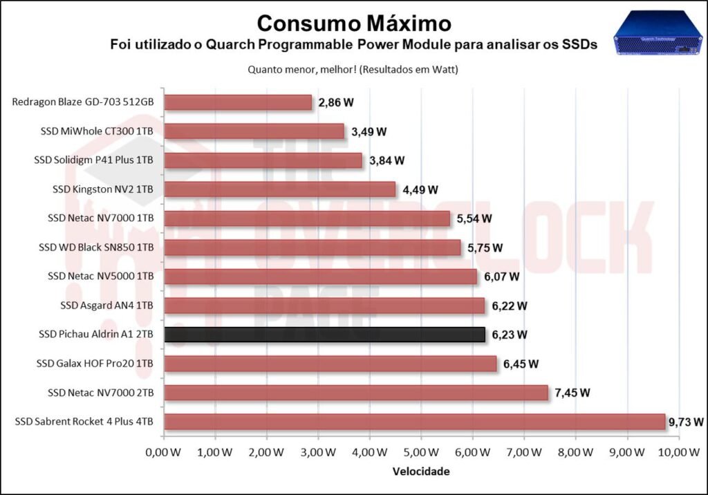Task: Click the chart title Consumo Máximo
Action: [353, 23]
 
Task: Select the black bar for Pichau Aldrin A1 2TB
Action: [324, 335]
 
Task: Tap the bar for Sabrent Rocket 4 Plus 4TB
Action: [414, 422]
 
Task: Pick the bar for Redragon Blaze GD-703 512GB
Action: [238, 102]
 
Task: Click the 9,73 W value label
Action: [687, 422]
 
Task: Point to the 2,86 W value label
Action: [336, 102]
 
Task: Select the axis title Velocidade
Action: [421, 471]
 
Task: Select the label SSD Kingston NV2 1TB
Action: [103, 189]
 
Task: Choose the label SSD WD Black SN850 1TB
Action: [96, 247]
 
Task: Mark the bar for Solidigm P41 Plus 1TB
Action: [263, 160]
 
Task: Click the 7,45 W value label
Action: [572, 393]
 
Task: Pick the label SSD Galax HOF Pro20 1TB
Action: [94, 364]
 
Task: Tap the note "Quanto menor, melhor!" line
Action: [353, 70]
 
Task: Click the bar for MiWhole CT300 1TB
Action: [254, 131]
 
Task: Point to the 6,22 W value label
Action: [510, 306]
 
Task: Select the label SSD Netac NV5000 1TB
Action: [101, 277]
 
